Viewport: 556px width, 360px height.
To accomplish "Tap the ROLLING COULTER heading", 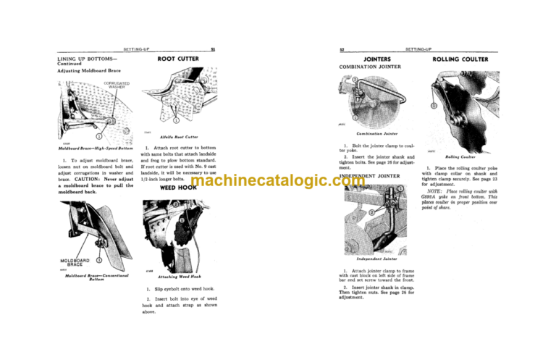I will point(460,59).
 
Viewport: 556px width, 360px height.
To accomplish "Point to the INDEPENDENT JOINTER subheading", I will point(370,177).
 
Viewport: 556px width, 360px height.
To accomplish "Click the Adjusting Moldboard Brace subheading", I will point(89,72).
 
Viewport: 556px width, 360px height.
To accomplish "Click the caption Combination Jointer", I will point(374,134).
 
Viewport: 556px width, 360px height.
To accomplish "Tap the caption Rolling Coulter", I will point(460,156).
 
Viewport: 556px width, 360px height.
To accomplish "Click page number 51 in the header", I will point(213,49).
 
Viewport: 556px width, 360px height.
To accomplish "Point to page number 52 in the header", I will point(341,49).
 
